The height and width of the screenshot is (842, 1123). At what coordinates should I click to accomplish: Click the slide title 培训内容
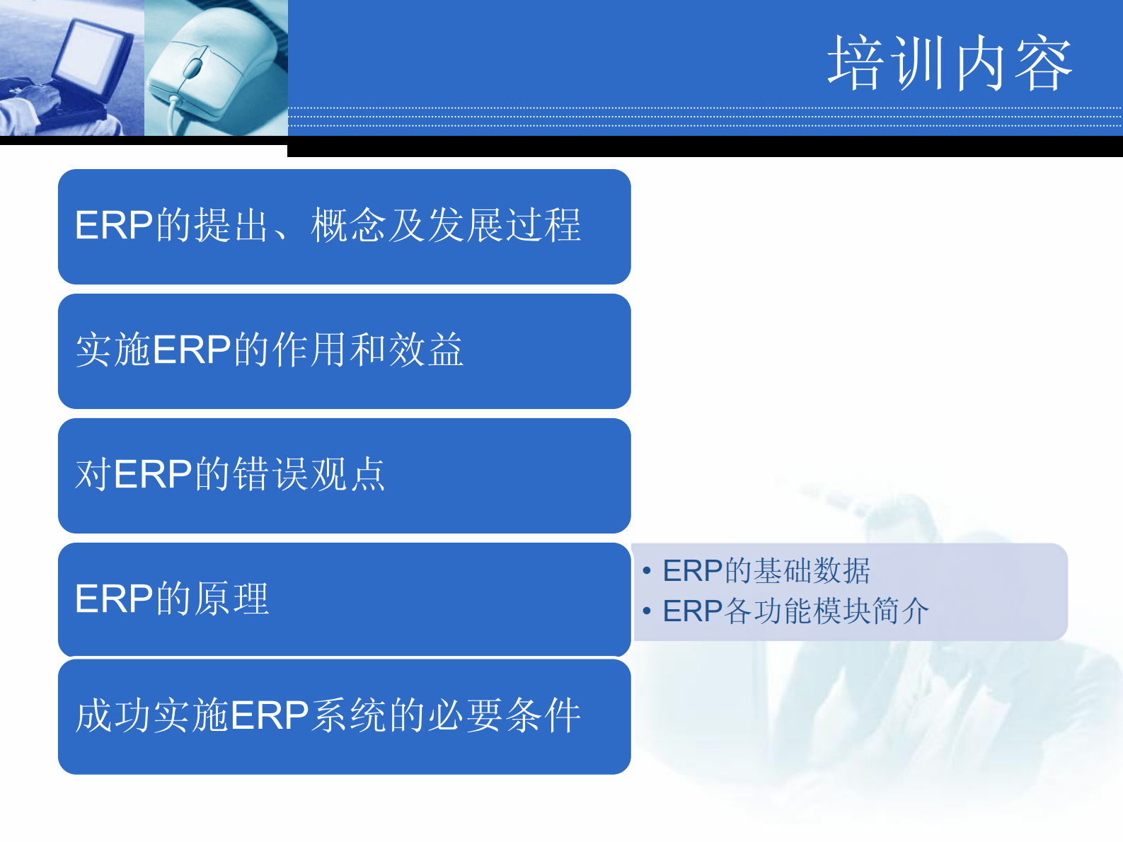coord(950,64)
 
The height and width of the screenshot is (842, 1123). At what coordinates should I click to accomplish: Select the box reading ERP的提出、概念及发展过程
coord(344,226)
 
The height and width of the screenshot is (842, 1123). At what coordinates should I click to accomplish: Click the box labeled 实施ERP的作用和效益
coord(344,351)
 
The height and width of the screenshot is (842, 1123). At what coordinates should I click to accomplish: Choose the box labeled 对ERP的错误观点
coord(344,475)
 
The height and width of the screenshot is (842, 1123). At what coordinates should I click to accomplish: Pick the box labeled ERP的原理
coord(344,599)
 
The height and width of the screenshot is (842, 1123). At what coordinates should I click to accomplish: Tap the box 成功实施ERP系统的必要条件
coord(344,716)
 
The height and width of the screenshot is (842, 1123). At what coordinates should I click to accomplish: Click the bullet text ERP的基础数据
coord(766,571)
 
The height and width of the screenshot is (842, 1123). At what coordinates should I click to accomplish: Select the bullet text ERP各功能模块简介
coord(795,611)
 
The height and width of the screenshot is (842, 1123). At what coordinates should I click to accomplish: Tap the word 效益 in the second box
coord(427,350)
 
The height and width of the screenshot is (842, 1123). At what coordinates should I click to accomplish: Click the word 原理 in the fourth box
coord(231,599)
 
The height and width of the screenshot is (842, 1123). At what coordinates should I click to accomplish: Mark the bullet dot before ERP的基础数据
coord(647,571)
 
